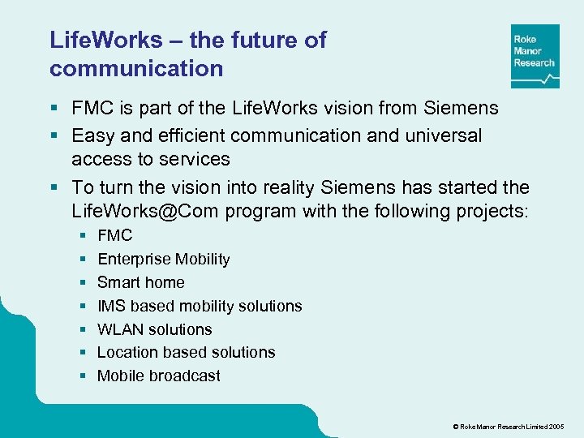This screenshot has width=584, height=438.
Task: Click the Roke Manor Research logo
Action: pyautogui.click(x=535, y=56)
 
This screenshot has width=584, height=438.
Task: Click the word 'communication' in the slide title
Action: pyautogui.click(x=136, y=69)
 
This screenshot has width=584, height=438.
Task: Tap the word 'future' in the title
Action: pyautogui.click(x=254, y=41)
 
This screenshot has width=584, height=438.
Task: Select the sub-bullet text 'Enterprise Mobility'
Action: pyautogui.click(x=163, y=260)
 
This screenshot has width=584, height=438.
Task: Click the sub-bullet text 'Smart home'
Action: pyautogui.click(x=140, y=283)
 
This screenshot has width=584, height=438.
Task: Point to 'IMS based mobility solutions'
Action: pyautogui.click(x=200, y=307)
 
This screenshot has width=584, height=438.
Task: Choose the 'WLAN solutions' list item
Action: pyautogui.click(x=154, y=329)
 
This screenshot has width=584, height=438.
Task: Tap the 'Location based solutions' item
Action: pyautogui.click(x=186, y=353)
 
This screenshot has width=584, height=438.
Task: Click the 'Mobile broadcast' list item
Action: pyautogui.click(x=158, y=376)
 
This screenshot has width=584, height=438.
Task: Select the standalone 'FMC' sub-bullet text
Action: pyautogui.click(x=114, y=236)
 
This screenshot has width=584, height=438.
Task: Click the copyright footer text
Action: pyautogui.click(x=509, y=426)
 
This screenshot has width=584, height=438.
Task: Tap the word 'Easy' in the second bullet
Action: pyautogui.click(x=92, y=135)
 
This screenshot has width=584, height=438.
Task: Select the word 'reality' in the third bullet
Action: pyautogui.click(x=286, y=187)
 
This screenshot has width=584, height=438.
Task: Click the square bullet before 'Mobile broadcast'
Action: pyautogui.click(x=84, y=376)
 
